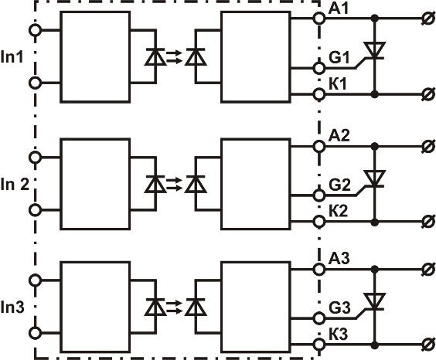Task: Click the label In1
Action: [x=12, y=56]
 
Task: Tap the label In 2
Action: [x=15, y=184]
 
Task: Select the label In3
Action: [x=12, y=307]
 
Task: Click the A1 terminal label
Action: [x=339, y=9]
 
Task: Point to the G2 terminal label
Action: [x=339, y=185]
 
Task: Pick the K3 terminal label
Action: [x=339, y=335]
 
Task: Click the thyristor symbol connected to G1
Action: [x=375, y=50]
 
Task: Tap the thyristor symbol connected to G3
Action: [x=375, y=301]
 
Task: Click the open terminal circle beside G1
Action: [x=319, y=68]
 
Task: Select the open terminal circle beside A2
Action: [x=319, y=146]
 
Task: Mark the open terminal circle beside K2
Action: [x=319, y=222]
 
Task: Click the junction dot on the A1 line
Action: [x=375, y=19]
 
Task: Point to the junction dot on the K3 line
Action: [x=375, y=345]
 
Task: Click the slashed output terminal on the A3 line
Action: [x=428, y=269]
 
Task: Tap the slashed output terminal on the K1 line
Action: [x=428, y=94]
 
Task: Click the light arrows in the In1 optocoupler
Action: [x=174, y=56]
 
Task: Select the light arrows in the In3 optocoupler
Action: [x=174, y=307]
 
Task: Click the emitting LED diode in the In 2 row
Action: [x=155, y=184]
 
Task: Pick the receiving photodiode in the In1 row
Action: [x=196, y=57]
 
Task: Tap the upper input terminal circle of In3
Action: [x=35, y=280]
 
